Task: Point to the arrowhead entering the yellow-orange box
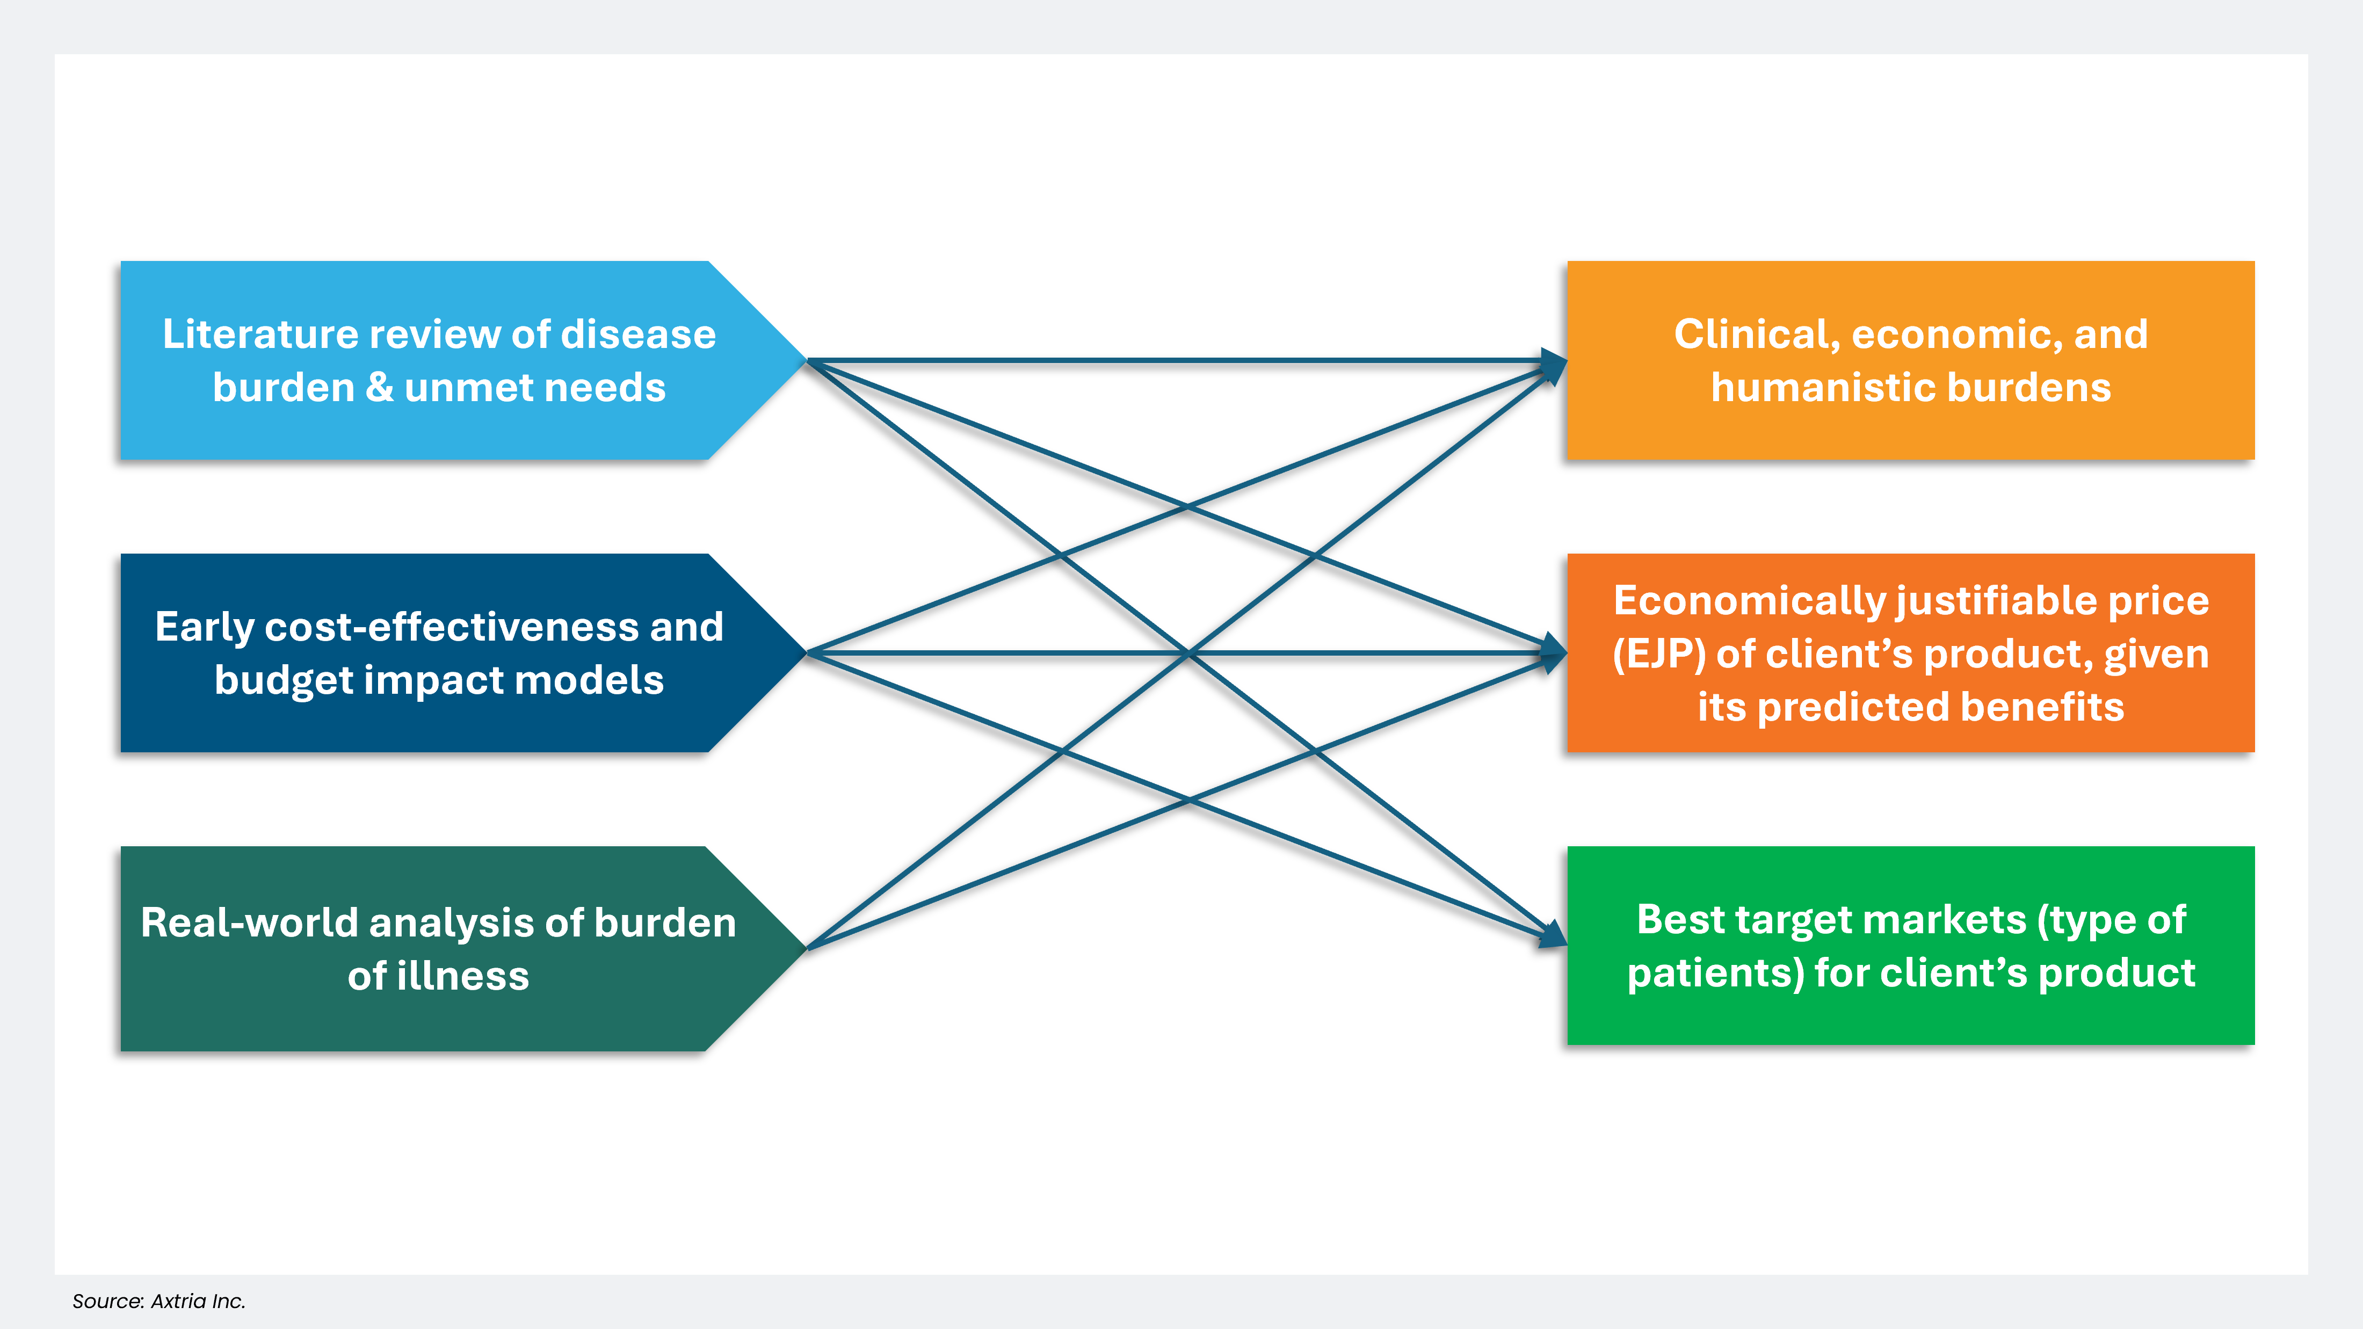[1555, 365]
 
